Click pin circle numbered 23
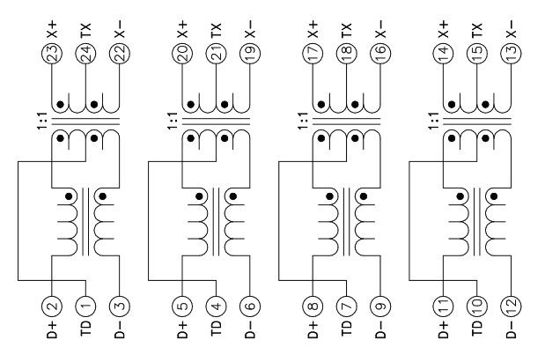tap(52, 52)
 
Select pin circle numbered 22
tap(118, 52)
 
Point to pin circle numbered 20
tap(183, 52)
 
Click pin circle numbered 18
tap(347, 52)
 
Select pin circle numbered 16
tap(379, 52)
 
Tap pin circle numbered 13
tap(511, 52)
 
